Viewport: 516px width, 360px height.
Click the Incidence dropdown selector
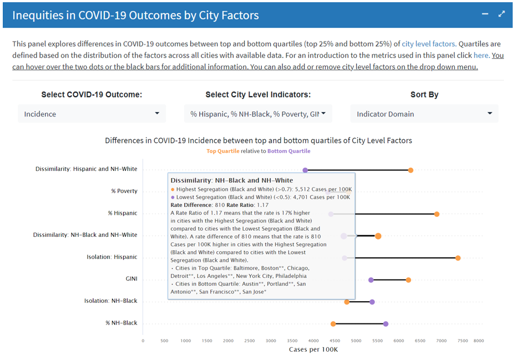coord(92,114)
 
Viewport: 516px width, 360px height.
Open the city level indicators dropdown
coord(258,114)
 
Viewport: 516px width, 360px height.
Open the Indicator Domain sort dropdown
coord(424,114)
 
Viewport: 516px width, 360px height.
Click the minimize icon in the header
coord(485,14)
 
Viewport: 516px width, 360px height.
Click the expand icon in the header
coord(502,14)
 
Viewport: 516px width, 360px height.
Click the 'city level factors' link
coord(428,43)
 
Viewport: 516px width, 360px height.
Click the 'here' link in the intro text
coord(480,55)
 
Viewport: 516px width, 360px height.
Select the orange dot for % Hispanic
coord(437,214)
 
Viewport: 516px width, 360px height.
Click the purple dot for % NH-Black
coord(386,324)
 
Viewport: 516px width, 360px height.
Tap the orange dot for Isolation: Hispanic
coord(458,258)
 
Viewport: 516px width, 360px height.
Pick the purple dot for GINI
coord(371,280)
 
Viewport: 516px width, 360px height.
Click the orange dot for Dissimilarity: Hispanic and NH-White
coord(411,170)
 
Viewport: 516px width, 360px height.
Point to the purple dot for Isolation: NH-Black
coord(372,302)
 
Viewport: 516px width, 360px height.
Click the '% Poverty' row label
coord(124,191)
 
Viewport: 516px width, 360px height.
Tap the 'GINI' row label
coord(130,278)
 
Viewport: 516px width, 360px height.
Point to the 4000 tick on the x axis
coord(313,341)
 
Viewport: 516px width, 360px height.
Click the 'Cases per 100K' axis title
coord(313,349)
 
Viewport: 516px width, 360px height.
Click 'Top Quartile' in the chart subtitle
coord(223,151)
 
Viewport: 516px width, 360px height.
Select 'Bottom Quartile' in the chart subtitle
coord(289,151)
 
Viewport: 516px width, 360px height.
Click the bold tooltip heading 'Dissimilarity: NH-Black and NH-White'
coord(231,180)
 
